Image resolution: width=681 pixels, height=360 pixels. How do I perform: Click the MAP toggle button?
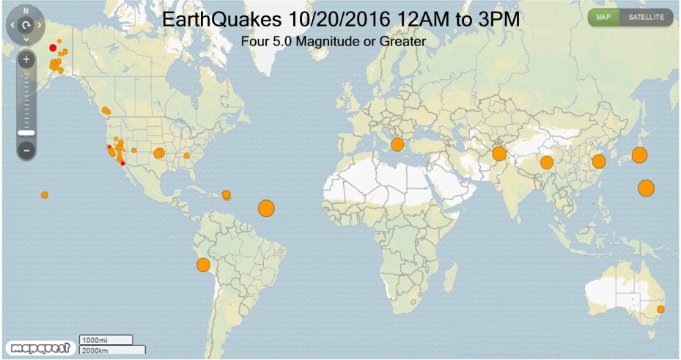tap(603, 17)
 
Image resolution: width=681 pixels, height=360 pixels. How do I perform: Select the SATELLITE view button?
tap(646, 17)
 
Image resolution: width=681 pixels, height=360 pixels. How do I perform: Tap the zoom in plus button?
tap(26, 59)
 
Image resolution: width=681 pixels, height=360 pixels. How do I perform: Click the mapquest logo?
tap(38, 347)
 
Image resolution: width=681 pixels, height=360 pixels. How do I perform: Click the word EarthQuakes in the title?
tap(220, 20)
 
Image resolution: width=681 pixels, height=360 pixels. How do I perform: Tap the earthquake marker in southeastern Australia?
tap(660, 309)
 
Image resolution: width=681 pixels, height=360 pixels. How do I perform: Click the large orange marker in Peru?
tap(203, 265)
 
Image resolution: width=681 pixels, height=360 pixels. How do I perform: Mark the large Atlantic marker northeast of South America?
tap(266, 208)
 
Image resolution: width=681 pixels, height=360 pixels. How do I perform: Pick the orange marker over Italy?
tap(397, 144)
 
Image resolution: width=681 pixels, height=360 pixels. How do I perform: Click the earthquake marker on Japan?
tap(639, 155)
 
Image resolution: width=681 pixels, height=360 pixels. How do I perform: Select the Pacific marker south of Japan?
tap(646, 188)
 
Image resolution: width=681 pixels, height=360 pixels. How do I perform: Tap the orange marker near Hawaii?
tap(45, 195)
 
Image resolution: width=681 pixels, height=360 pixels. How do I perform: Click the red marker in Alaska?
tap(53, 48)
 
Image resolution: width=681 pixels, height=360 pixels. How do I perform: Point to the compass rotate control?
tap(26, 24)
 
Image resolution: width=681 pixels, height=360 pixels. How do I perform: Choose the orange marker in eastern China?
tap(598, 161)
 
